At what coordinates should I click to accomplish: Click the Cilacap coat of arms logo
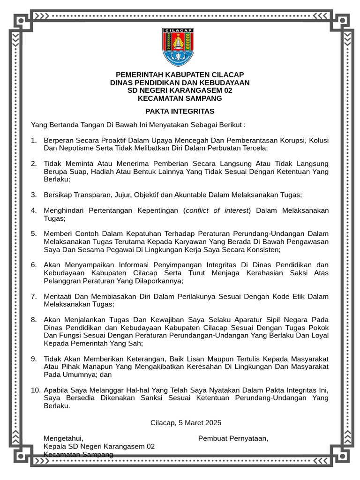(x=178, y=47)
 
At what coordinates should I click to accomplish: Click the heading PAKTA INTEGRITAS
(x=180, y=111)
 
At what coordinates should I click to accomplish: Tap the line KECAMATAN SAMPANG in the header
(x=180, y=98)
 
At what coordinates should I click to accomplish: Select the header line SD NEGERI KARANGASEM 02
(x=180, y=90)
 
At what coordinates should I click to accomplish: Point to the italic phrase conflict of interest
(x=217, y=210)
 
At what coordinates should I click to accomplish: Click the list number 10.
(x=36, y=390)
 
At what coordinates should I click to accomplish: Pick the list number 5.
(x=34, y=233)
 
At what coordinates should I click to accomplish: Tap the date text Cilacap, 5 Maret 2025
(x=186, y=422)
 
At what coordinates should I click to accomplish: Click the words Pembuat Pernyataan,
(x=233, y=438)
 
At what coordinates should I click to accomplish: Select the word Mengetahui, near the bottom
(x=63, y=438)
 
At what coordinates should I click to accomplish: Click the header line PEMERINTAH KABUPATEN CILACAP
(x=180, y=75)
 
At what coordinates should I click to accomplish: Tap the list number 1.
(x=34, y=140)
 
